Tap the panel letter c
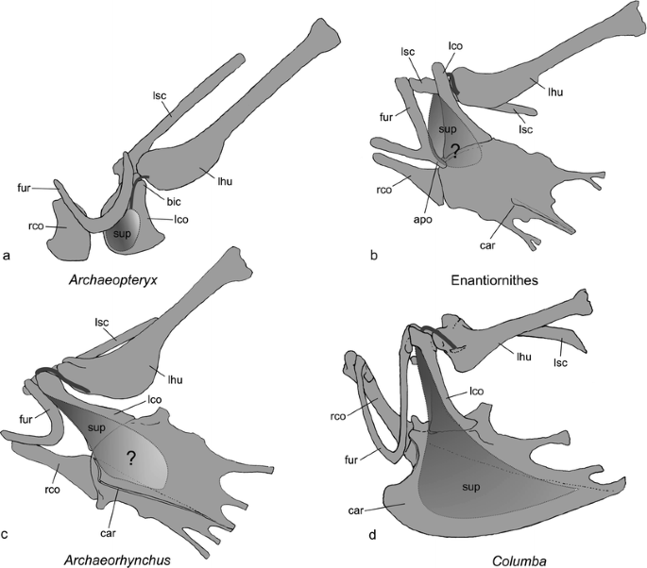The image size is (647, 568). point(8,535)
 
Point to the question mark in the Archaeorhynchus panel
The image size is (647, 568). point(128,457)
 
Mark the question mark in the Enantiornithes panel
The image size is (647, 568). point(454,149)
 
